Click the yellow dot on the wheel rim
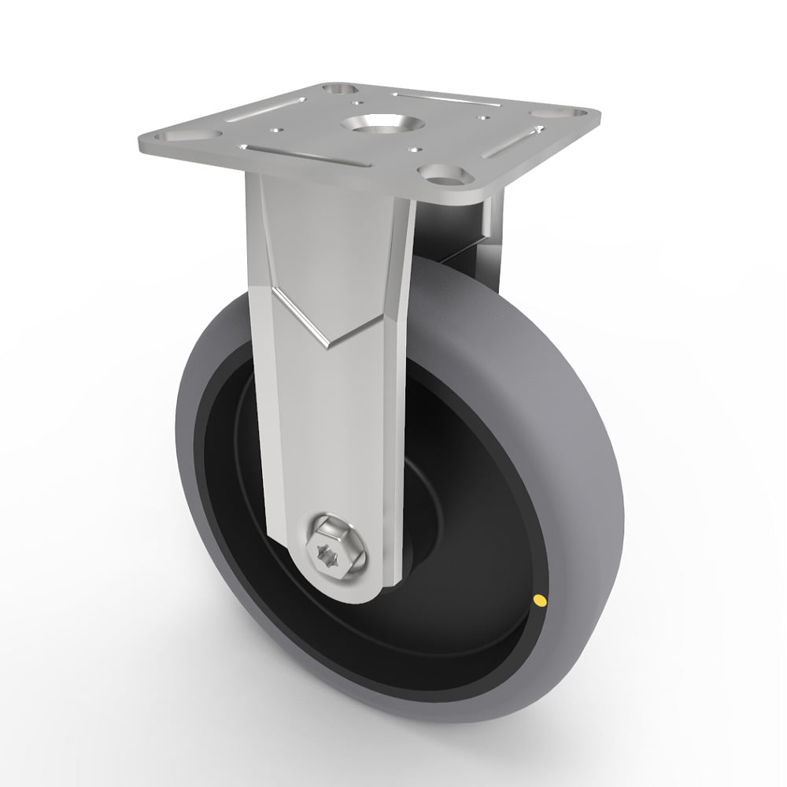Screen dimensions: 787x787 [x=540, y=602]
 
